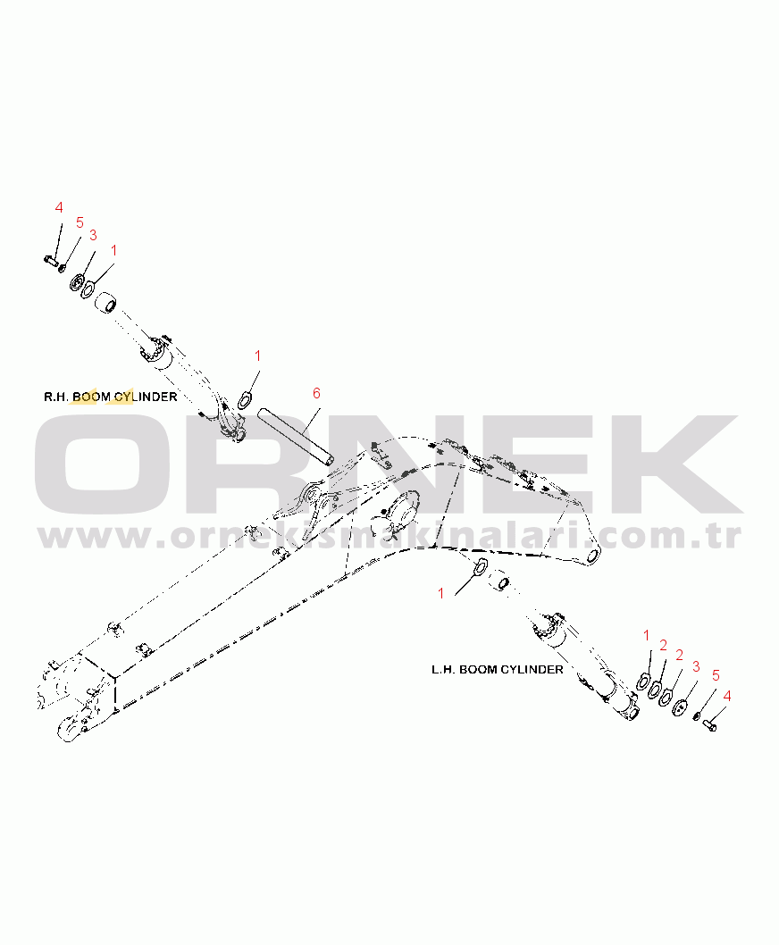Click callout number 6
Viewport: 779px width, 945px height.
(x=316, y=394)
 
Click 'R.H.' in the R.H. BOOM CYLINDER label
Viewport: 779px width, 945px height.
(x=56, y=397)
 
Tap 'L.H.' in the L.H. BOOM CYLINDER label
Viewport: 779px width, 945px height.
(x=443, y=670)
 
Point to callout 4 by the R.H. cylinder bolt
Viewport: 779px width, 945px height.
(x=59, y=208)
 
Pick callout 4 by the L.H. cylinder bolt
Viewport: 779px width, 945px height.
(x=727, y=696)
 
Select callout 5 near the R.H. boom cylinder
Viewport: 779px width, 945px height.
(x=80, y=223)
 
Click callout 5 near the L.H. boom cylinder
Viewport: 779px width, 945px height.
(x=716, y=675)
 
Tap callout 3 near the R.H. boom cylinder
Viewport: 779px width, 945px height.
(x=93, y=236)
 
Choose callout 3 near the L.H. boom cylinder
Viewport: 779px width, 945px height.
(x=696, y=667)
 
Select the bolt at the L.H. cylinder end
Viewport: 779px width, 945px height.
(x=710, y=725)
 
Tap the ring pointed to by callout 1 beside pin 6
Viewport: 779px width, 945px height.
(x=244, y=399)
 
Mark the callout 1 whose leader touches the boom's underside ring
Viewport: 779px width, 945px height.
(x=440, y=594)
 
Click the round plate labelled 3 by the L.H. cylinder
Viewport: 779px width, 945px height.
(x=680, y=707)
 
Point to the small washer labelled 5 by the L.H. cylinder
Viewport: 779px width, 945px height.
(x=696, y=716)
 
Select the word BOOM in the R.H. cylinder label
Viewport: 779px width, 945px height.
(x=92, y=397)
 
